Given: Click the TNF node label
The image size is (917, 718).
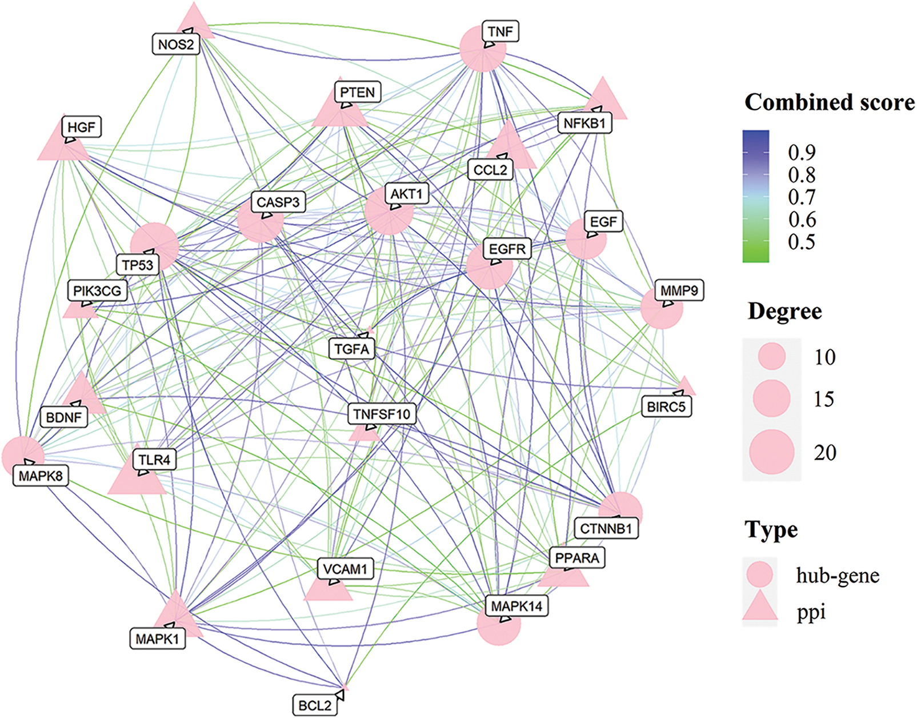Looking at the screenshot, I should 500,31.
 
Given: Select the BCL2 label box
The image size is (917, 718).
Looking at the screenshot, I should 315,705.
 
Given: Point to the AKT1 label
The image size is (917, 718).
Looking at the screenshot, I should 406,194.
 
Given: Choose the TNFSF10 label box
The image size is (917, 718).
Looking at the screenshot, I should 382,414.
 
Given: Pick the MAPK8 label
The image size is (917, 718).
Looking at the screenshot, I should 41,476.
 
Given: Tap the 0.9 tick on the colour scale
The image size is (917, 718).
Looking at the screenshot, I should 802,152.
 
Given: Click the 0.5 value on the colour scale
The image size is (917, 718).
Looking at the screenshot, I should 802,242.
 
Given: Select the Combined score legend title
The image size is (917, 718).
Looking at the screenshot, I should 829,102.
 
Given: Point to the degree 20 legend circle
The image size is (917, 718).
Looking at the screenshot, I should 771,452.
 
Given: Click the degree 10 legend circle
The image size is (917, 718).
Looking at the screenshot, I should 771,357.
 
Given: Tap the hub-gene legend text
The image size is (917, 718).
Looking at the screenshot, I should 838,575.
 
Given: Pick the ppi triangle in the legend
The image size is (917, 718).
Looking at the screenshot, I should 760,608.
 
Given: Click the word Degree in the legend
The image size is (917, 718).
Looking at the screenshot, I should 784,312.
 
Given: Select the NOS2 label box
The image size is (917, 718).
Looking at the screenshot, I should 176,44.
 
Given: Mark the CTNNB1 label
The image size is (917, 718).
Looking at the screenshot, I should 606,529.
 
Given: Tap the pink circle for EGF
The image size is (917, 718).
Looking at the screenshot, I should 585,241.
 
